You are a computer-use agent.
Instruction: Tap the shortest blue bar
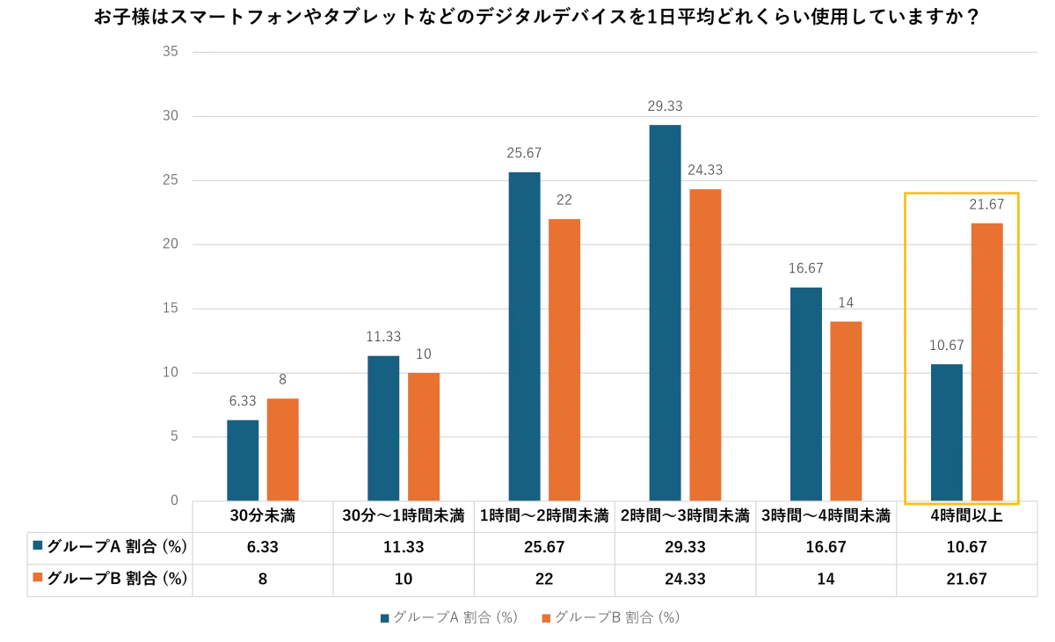pos(243,458)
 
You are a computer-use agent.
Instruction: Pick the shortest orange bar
pos(283,449)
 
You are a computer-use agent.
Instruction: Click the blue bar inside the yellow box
pos(946,431)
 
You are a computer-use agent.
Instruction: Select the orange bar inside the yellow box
pos(987,361)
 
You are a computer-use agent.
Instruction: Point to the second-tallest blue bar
pos(524,334)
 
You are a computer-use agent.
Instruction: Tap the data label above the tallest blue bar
pos(665,106)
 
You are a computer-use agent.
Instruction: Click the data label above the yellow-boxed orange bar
pos(985,204)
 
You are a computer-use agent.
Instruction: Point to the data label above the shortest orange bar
pos(281,380)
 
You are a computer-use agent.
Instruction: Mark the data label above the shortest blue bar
pos(243,401)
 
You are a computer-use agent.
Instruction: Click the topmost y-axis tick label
pos(172,49)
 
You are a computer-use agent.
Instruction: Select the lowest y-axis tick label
pos(176,500)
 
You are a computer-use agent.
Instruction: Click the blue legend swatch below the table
pos(385,618)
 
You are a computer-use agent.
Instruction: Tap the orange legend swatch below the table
pos(547,618)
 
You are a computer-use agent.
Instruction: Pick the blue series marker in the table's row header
pos(37,546)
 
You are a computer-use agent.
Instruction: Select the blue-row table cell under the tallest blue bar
pos(686,547)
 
